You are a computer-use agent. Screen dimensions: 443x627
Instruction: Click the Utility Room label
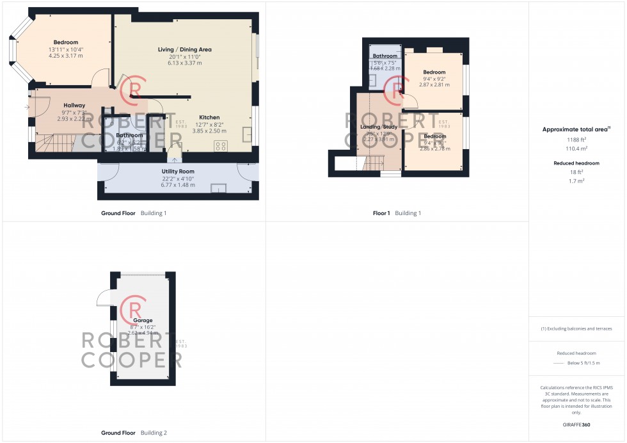coord(178,172)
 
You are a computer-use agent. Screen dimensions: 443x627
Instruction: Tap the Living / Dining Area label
coord(185,49)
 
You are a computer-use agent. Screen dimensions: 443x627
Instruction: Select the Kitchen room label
coord(209,117)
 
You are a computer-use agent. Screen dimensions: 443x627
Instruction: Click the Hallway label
coord(74,105)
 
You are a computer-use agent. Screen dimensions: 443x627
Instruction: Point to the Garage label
coord(143,320)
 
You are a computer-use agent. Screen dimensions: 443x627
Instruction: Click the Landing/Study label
coord(379,127)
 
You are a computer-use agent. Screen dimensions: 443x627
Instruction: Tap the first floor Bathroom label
coord(385,56)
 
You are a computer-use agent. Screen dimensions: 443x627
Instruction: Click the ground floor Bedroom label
coord(65,42)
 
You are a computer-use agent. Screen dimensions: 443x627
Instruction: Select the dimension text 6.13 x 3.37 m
coord(185,63)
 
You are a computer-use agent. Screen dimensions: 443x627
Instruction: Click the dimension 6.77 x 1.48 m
coord(178,185)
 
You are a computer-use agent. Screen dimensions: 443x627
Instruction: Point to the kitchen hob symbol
coord(221,146)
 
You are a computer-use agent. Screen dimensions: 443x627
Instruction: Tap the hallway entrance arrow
coord(26,107)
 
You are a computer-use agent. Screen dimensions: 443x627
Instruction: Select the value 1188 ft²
coord(576,139)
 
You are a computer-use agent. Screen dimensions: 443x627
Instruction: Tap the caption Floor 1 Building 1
coord(397,213)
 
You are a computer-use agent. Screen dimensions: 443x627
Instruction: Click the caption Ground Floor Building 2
coord(134,433)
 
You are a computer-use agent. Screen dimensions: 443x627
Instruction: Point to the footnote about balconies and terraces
coord(576,328)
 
